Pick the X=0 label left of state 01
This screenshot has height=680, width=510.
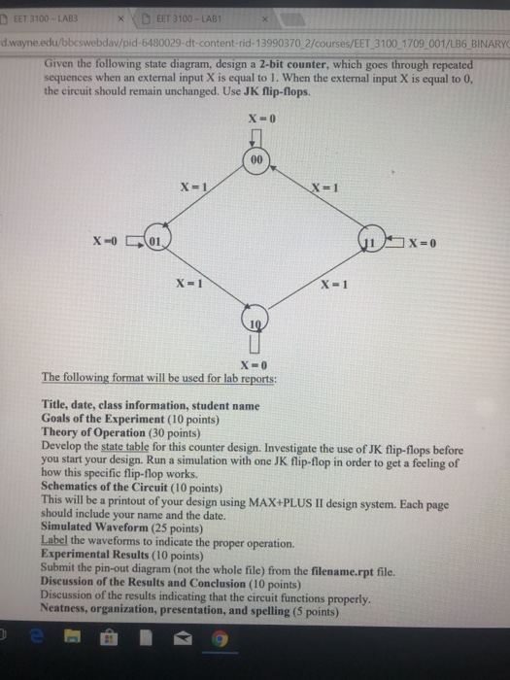[106, 240]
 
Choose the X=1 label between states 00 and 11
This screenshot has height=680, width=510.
[323, 187]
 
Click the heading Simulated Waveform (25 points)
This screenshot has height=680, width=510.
[108, 524]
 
